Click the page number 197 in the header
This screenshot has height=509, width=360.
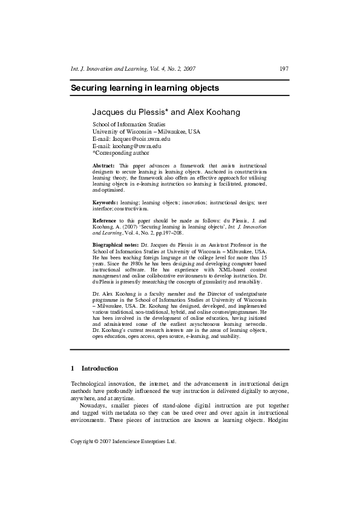tap(284, 69)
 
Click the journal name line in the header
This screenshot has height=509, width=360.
tap(133, 69)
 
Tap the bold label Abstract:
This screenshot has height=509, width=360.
tap(103, 165)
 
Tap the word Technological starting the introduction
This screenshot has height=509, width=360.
tap(91, 384)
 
